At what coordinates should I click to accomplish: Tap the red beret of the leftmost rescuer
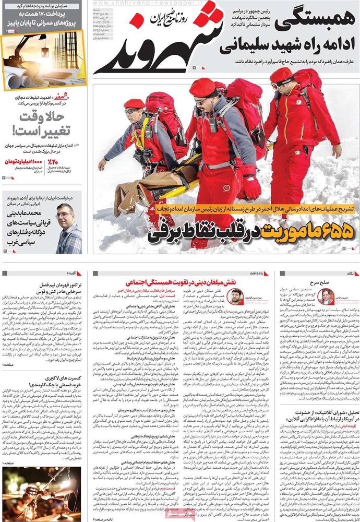tap(134, 103)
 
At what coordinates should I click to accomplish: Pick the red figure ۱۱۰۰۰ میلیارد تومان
tap(24, 162)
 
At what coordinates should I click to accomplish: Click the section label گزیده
tap(72, 272)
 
